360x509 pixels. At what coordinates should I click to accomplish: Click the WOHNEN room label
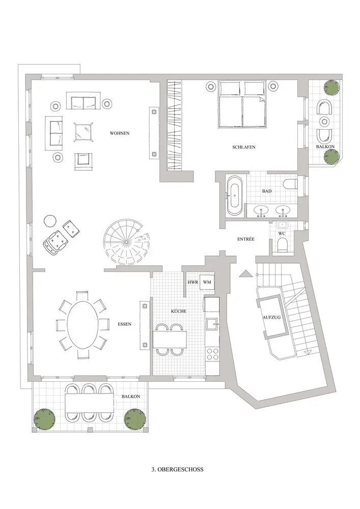(x=120, y=133)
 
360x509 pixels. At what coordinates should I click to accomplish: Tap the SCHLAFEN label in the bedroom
(x=244, y=147)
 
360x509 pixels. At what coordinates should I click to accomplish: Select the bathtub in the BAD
(x=234, y=196)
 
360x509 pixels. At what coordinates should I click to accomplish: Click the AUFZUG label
(x=272, y=317)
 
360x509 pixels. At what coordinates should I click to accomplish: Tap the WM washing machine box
(x=207, y=282)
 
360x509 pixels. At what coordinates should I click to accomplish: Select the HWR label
(x=192, y=282)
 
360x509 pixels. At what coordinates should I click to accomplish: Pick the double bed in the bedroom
(x=241, y=104)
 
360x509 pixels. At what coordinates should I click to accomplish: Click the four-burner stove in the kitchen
(x=213, y=354)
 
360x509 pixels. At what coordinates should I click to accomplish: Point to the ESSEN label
(x=125, y=324)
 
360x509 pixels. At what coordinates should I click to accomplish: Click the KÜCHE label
(x=179, y=311)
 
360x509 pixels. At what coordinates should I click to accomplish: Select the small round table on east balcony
(x=324, y=122)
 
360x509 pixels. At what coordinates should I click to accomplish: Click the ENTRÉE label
(x=246, y=239)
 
